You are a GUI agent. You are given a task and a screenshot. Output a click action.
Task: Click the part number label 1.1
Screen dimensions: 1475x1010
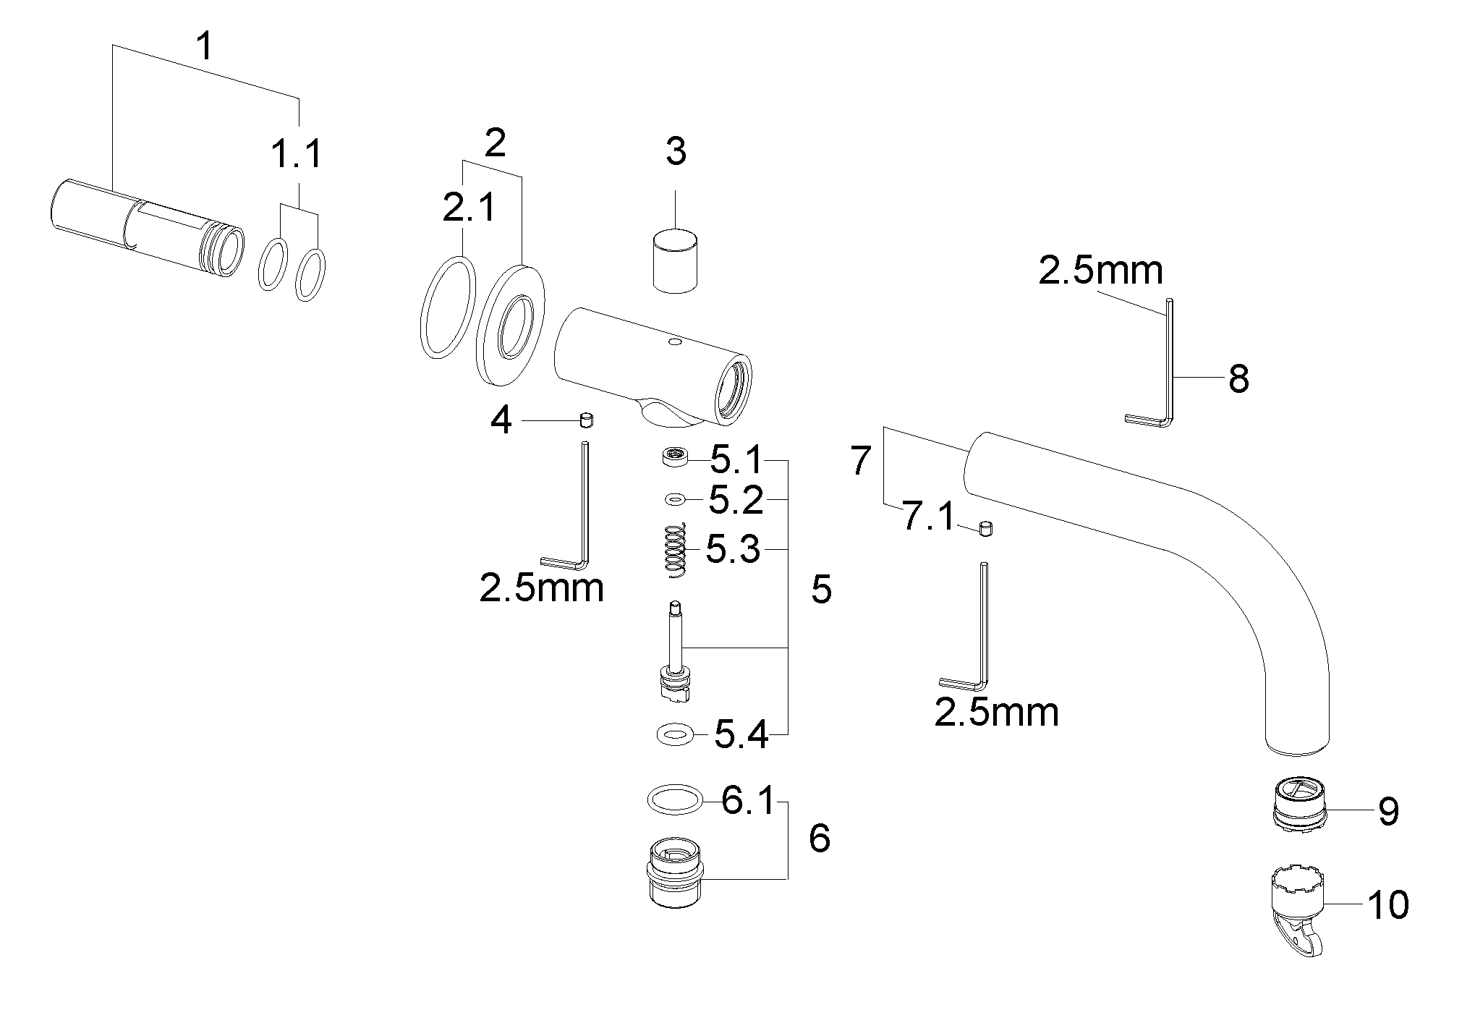click(x=297, y=156)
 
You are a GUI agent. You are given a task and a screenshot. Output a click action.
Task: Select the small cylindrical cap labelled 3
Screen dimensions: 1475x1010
click(x=676, y=260)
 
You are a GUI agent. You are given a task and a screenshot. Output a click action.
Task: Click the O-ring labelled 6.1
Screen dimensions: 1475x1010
click(x=674, y=801)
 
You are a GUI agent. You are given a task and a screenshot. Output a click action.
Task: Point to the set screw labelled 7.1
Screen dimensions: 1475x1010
click(x=984, y=529)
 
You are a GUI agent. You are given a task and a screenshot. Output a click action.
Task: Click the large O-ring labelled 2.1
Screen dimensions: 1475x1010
click(x=447, y=306)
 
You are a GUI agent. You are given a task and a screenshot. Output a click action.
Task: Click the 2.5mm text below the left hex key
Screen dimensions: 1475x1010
click(x=542, y=588)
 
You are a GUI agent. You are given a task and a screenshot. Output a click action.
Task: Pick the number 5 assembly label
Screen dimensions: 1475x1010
click(x=821, y=590)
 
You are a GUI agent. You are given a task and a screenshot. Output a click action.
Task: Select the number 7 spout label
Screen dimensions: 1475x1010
click(x=859, y=461)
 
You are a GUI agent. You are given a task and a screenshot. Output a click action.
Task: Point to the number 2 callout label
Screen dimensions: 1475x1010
click(x=495, y=143)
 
